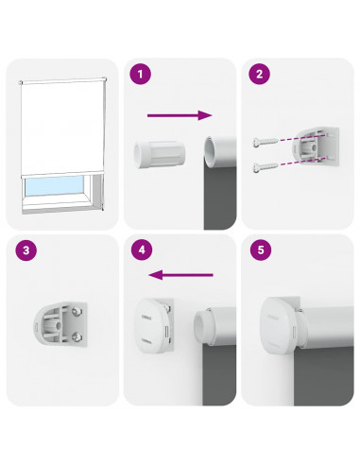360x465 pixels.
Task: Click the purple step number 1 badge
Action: point(140,74)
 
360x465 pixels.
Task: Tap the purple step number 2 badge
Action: point(259,74)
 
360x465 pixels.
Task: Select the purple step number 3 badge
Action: point(26,250)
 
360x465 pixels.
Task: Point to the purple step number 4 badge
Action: point(142,250)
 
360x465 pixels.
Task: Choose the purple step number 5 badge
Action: point(261,250)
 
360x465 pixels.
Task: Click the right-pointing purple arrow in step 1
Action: point(180,115)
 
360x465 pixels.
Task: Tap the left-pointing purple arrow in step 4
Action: point(180,275)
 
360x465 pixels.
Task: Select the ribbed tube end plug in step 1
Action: point(160,154)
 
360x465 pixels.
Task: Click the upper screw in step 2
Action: point(266,142)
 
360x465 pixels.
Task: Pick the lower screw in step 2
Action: point(266,167)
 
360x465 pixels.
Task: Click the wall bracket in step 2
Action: point(316,146)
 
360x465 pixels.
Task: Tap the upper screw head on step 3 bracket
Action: point(76,312)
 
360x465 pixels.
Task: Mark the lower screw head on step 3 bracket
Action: point(77,336)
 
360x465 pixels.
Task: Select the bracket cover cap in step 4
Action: point(150,325)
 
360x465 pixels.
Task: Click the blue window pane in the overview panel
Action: point(54,185)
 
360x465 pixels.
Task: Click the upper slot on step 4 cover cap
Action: point(146,316)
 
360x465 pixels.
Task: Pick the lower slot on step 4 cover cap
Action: point(146,340)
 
